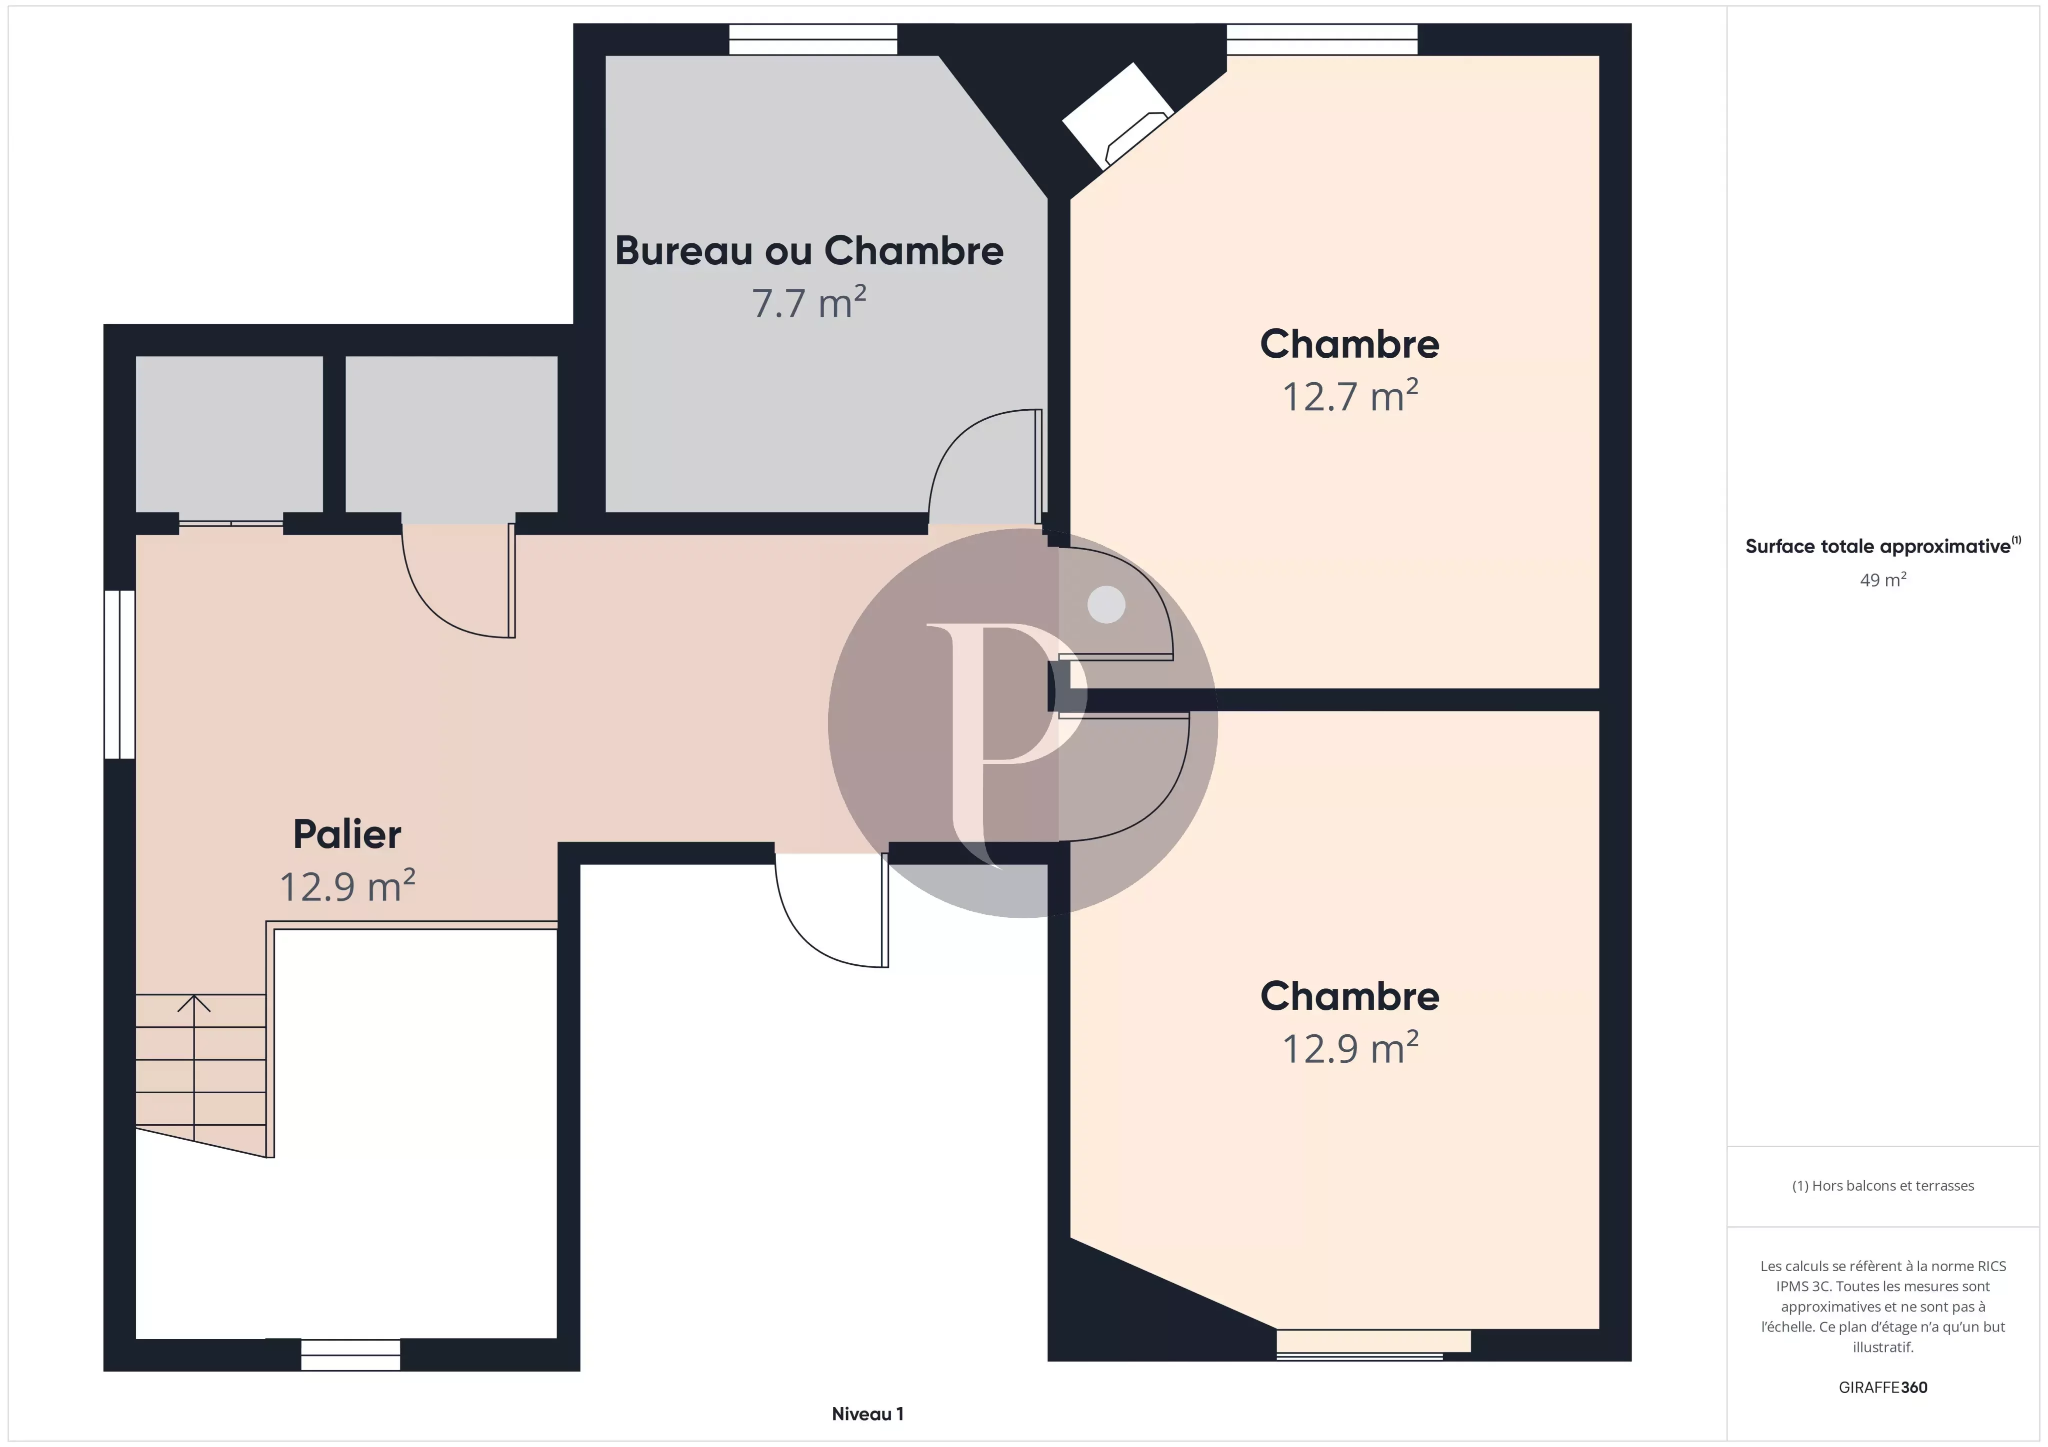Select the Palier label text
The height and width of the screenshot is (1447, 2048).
coord(347,834)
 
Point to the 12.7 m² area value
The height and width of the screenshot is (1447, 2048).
coord(1349,396)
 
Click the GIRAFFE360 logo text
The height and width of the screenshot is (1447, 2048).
coord(1883,1387)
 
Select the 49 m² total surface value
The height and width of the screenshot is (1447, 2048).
coord(1883,580)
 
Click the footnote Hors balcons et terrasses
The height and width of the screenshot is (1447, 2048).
coord(1883,1186)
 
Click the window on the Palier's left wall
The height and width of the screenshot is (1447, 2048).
coord(119,674)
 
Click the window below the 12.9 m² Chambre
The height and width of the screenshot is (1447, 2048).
coord(1373,1345)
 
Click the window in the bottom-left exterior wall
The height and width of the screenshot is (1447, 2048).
coord(349,1354)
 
